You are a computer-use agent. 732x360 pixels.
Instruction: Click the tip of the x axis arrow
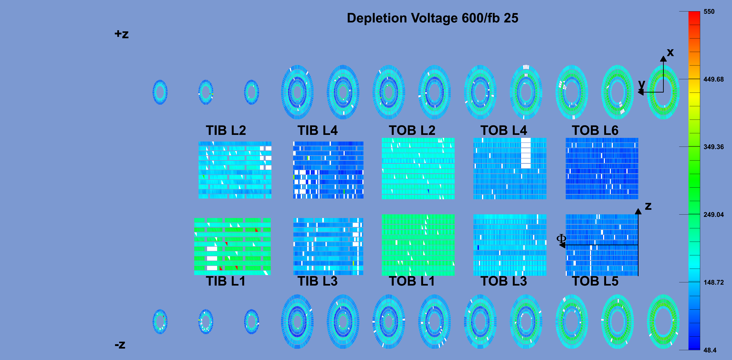click(x=663, y=56)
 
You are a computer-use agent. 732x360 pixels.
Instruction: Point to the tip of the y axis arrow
click(x=638, y=92)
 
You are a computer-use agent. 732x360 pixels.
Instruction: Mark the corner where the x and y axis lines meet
click(x=663, y=92)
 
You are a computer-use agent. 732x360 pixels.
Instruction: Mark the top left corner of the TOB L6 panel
click(x=566, y=138)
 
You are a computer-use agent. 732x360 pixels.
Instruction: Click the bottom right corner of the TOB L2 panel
click(x=454, y=199)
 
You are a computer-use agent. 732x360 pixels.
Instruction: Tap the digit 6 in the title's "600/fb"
click(x=466, y=18)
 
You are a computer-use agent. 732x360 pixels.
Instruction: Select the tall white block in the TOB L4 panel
click(x=526, y=153)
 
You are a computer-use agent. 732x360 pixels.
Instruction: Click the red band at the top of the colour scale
click(x=694, y=18)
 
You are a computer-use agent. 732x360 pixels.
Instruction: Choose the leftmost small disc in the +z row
click(x=160, y=92)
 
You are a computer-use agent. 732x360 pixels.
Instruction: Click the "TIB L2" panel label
click(x=226, y=130)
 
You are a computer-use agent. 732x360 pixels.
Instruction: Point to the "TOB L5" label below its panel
click(x=595, y=281)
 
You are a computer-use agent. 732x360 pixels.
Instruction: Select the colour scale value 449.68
click(x=713, y=79)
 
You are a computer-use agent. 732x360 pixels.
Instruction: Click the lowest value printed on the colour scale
click(x=710, y=350)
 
